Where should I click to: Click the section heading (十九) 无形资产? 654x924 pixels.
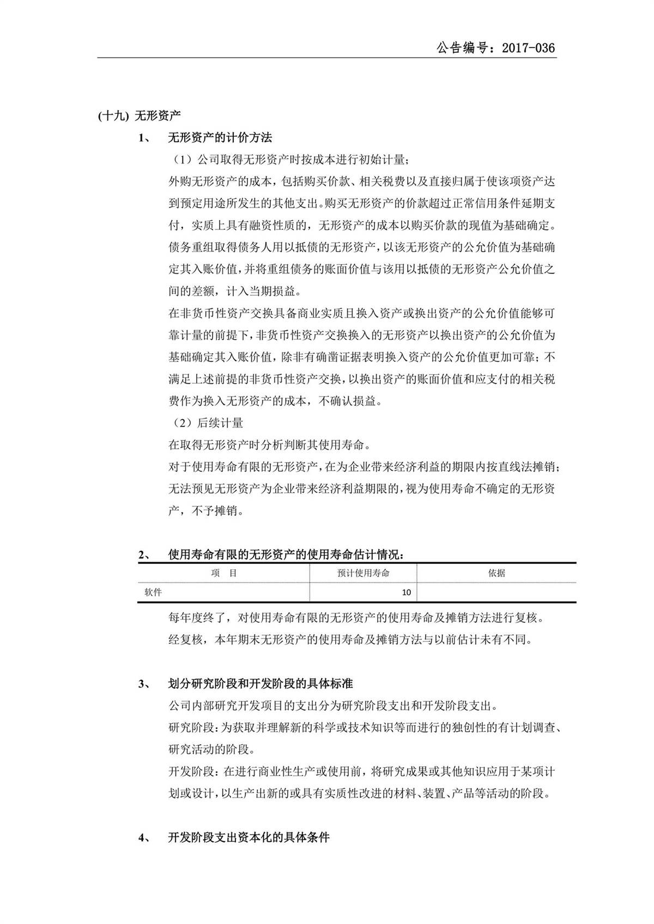pyautogui.click(x=140, y=115)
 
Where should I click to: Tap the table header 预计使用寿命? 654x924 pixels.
pyautogui.click(x=363, y=573)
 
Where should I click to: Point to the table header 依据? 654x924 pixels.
pyautogui.click(x=496, y=573)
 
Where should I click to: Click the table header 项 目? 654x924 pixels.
pyautogui.click(x=223, y=573)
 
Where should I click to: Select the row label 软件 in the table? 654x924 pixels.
pyautogui.click(x=153, y=592)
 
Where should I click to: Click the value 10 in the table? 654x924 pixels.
pyautogui.click(x=406, y=593)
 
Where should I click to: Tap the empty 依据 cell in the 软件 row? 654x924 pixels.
pyautogui.click(x=496, y=593)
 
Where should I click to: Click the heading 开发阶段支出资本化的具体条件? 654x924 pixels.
pyautogui.click(x=249, y=838)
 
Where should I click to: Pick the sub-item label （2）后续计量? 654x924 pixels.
pyautogui.click(x=206, y=423)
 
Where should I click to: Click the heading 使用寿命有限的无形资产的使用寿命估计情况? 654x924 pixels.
pyautogui.click(x=286, y=555)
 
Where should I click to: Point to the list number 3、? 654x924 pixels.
pyautogui.click(x=144, y=684)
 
